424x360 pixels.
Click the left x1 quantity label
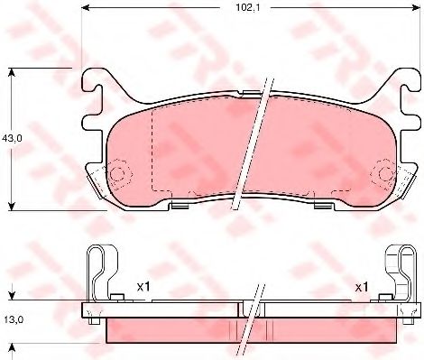click(142, 286)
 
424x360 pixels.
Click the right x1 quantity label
click(361, 286)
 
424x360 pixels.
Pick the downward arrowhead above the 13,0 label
click(11, 296)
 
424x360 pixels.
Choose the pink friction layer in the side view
click(180, 329)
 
